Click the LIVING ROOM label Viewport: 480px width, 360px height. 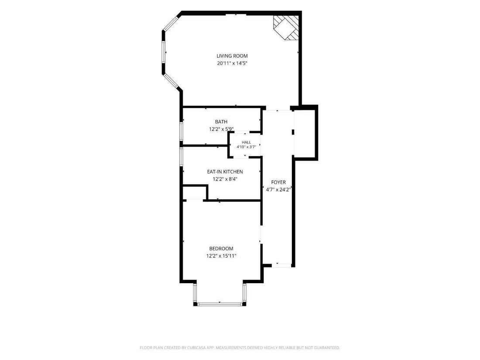point(232,56)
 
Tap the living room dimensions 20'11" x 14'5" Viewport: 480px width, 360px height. point(232,64)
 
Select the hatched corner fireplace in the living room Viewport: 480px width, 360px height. point(286,27)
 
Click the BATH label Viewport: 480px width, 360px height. point(221,122)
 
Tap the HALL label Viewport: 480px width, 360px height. point(246,142)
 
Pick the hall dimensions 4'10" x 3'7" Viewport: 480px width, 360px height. point(246,147)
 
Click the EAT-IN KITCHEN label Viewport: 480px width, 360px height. point(225,172)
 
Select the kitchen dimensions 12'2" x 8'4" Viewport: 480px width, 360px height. point(225,179)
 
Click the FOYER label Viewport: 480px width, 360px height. point(278,182)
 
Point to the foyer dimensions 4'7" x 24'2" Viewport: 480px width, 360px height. point(278,190)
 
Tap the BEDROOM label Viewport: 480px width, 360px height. point(221,249)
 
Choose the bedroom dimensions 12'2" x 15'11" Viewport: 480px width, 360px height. point(221,256)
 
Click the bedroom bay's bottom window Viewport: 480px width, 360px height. point(220,304)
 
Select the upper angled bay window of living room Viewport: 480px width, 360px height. point(171,23)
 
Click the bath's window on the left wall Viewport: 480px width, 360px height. point(181,132)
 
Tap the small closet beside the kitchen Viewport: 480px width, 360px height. point(194,193)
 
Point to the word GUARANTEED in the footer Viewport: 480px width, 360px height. point(327,348)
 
